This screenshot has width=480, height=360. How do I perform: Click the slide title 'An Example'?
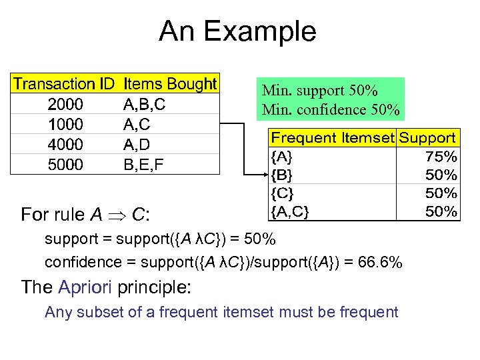[x=237, y=31]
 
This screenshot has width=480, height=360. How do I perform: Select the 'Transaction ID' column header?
[x=64, y=84]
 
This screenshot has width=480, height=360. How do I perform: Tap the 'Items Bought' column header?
[x=170, y=84]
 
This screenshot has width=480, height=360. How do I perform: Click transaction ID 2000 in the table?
[x=65, y=104]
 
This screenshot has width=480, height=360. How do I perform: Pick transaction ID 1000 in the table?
[x=65, y=124]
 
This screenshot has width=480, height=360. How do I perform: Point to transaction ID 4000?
[x=65, y=144]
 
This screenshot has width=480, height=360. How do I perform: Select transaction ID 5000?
[x=65, y=164]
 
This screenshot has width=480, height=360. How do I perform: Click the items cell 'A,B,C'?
[x=145, y=104]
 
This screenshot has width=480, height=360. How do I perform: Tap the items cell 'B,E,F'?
[x=143, y=164]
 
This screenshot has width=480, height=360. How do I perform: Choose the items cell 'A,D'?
[x=137, y=144]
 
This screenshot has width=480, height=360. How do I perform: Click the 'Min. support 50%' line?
[x=320, y=90]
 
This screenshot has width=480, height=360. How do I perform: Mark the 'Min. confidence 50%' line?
[x=331, y=108]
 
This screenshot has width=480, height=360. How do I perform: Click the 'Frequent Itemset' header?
[x=331, y=138]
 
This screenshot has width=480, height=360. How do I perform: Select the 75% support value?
[x=441, y=157]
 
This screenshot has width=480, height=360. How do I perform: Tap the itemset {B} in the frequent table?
[x=281, y=175]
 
